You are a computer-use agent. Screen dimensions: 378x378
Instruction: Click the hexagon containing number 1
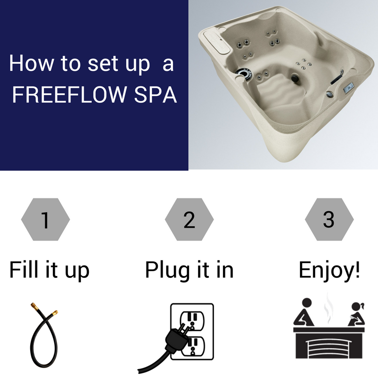[46, 220]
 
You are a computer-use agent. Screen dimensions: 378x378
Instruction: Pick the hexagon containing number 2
[189, 220]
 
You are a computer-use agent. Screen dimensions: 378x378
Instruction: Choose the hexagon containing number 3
[329, 220]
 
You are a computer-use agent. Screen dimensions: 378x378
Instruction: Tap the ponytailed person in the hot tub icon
[354, 314]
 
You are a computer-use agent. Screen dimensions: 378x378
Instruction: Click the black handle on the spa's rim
[336, 77]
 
